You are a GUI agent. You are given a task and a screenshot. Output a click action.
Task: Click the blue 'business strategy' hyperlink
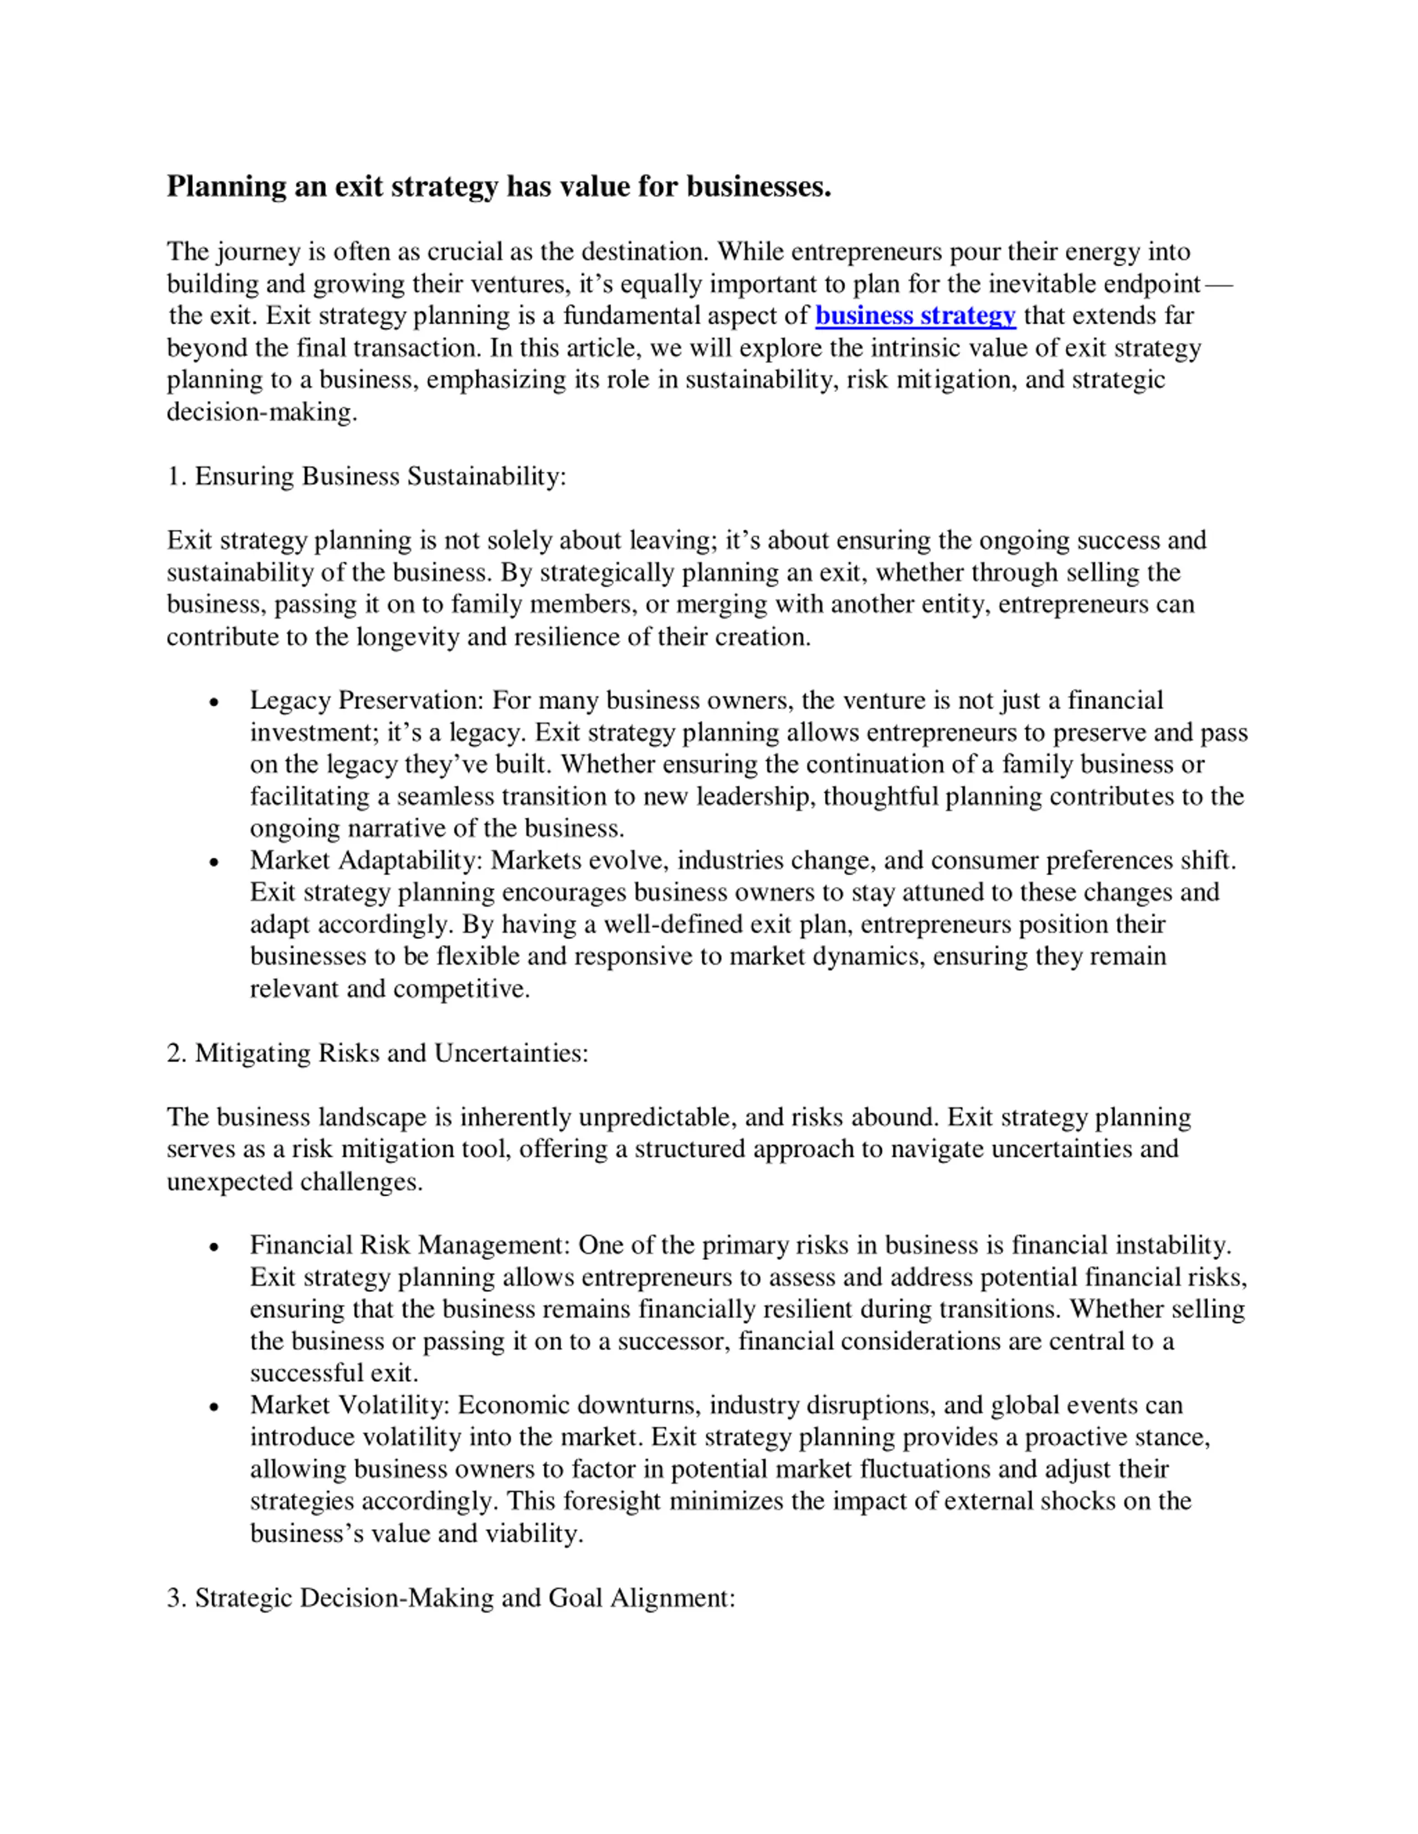(915, 316)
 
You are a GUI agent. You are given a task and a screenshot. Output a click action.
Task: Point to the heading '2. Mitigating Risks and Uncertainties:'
(377, 1052)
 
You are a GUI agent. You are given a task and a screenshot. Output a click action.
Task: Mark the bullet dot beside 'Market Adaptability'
(214, 861)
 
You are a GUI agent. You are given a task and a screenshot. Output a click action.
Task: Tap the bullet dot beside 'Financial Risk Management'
(214, 1246)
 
